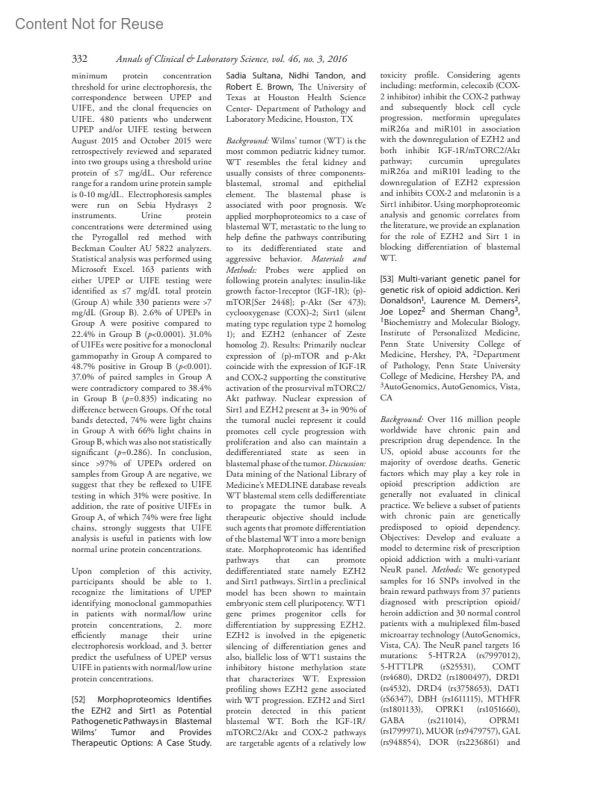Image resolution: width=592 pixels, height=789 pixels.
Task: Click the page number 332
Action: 79,59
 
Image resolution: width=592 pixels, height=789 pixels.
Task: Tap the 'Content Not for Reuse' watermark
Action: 89,24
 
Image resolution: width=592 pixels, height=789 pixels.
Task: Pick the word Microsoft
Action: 92,270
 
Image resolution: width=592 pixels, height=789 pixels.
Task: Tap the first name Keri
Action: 512,290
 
